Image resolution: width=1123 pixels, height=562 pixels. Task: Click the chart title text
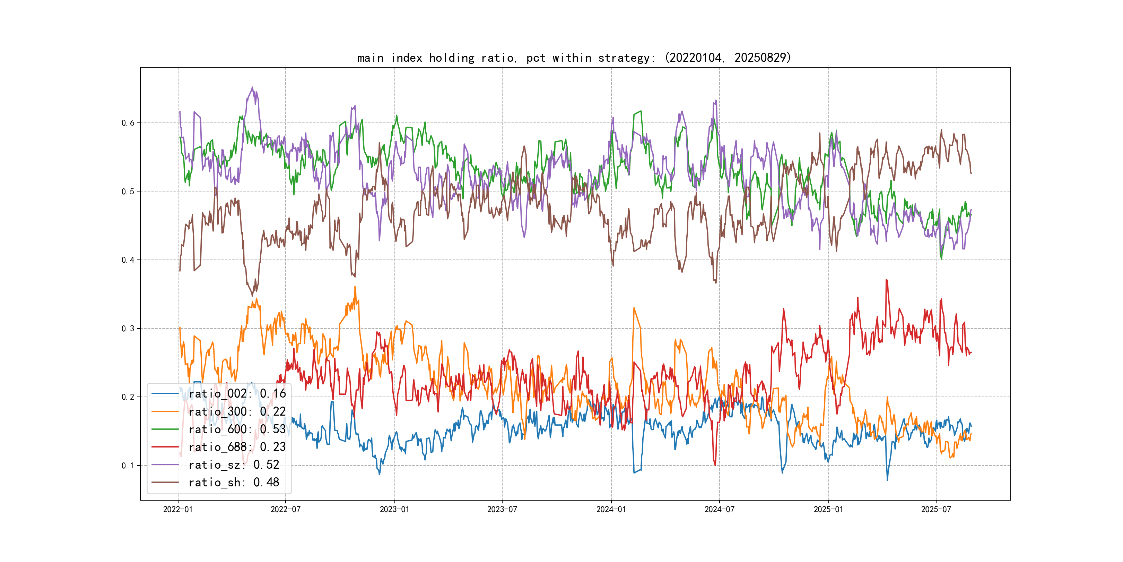(x=574, y=58)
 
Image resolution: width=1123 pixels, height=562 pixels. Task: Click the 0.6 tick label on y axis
(x=128, y=123)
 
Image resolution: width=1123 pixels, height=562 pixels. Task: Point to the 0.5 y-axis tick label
(x=128, y=191)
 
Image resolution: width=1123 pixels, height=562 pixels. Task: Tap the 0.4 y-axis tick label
(x=128, y=260)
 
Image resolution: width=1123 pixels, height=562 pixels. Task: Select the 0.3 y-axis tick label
(x=128, y=329)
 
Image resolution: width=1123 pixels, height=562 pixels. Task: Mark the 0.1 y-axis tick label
(x=128, y=466)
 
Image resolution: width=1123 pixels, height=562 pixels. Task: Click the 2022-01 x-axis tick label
(x=178, y=509)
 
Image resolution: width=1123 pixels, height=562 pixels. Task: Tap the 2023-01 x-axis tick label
(x=394, y=509)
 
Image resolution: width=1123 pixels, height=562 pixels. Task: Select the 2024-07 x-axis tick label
(x=719, y=509)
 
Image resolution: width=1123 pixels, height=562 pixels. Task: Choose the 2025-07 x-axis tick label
(x=936, y=509)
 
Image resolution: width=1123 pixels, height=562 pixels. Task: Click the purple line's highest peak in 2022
(x=252, y=87)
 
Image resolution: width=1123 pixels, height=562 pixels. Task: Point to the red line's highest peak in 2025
(x=886, y=280)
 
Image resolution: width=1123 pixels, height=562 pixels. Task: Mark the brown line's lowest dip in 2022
(x=252, y=296)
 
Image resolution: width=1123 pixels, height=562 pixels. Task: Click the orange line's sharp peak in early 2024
(x=634, y=308)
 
